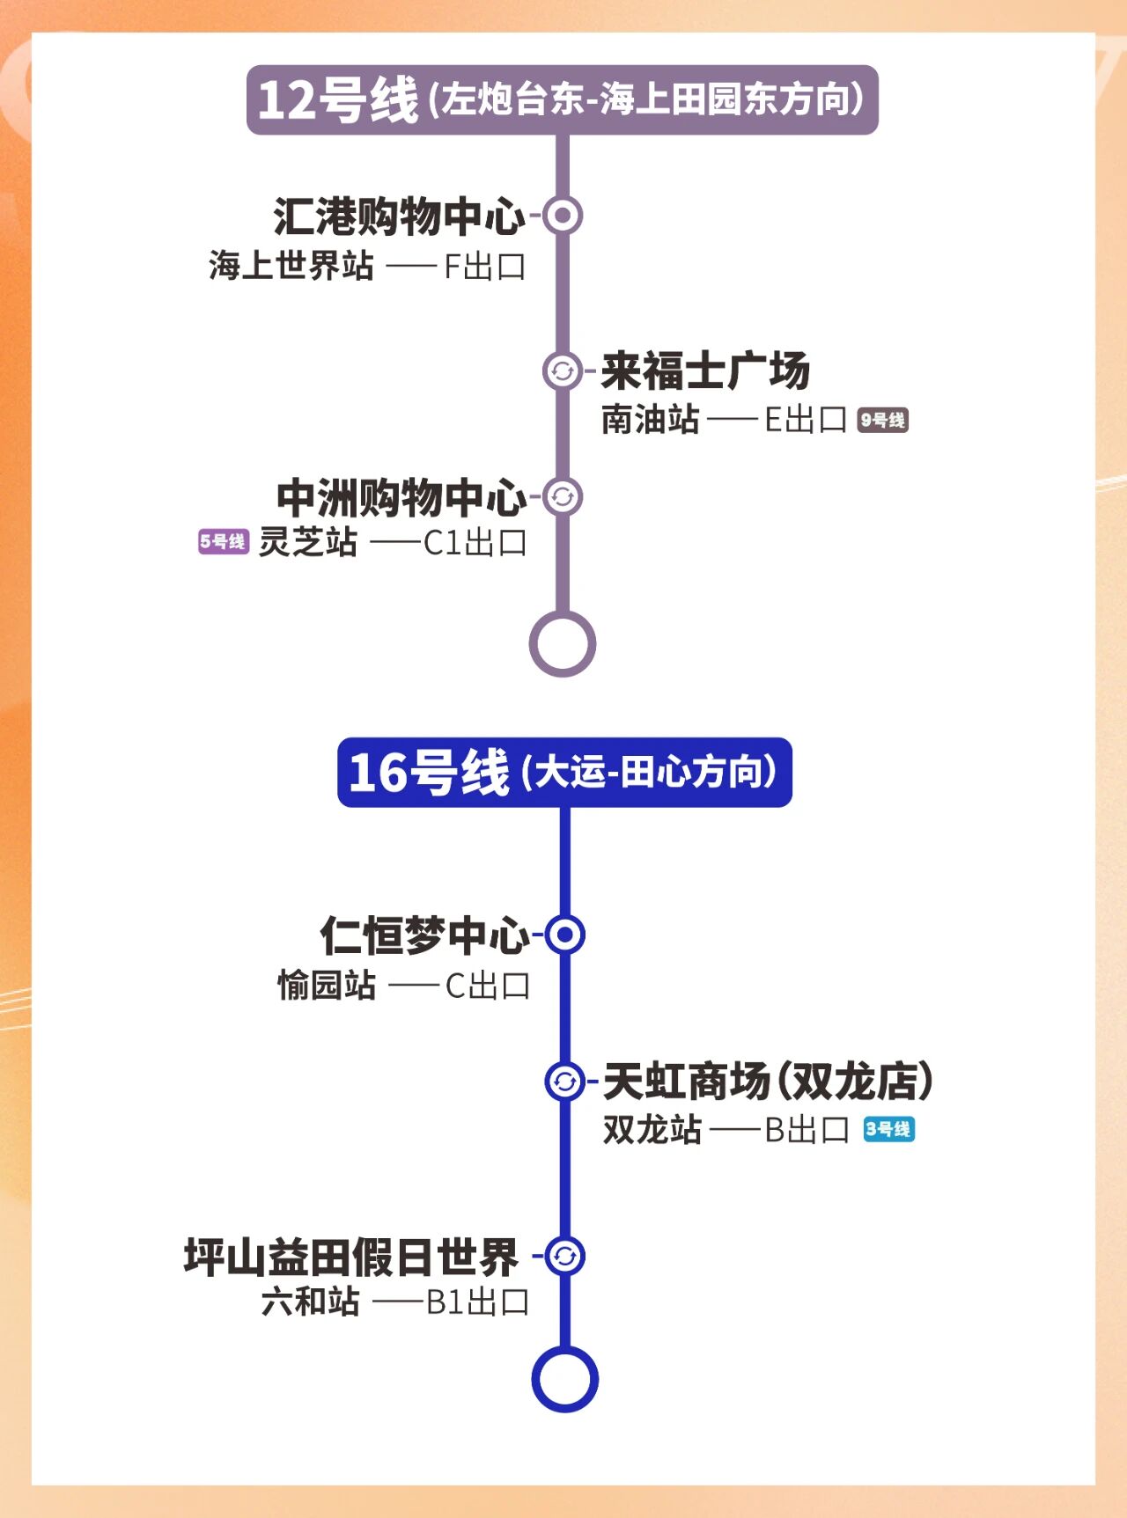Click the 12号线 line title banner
click(562, 99)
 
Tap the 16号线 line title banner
click(564, 772)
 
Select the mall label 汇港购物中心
click(399, 216)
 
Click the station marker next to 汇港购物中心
click(563, 216)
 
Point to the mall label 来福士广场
click(705, 370)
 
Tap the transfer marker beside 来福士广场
click(563, 370)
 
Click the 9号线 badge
click(882, 420)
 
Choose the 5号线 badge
click(223, 541)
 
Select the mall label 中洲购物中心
click(401, 497)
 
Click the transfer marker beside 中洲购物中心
click(563, 496)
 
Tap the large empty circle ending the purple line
click(563, 644)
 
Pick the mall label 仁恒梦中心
click(424, 935)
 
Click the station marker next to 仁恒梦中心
click(564, 935)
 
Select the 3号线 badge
click(888, 1129)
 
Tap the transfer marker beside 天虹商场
click(564, 1081)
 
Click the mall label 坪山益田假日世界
click(350, 1257)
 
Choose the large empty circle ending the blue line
click(564, 1379)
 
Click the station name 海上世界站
click(291, 265)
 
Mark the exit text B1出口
click(478, 1302)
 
